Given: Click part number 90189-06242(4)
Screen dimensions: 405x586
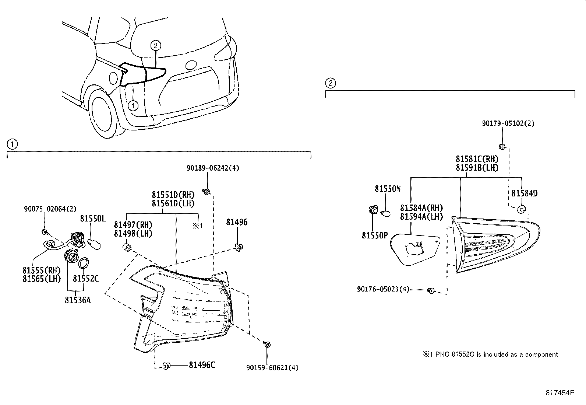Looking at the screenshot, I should pos(213,168).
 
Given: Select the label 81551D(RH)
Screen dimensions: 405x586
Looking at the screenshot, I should pos(173,195).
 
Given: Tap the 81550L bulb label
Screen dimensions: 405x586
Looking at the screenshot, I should pos(93,219).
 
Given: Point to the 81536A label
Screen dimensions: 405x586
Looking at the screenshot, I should pos(78,300).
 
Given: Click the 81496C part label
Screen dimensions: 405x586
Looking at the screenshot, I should pos(202,365).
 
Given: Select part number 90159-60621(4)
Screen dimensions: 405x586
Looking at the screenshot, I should pos(272,367).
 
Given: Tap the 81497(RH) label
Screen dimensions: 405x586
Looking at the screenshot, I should pos(133,225).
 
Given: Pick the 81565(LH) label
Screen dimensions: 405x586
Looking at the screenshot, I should pos(42,279).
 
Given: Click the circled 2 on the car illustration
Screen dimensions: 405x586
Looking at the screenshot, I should pos(156,46).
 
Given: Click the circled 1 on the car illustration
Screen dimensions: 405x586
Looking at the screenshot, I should pos(133,106).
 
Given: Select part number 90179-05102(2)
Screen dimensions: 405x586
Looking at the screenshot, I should pos(508,124).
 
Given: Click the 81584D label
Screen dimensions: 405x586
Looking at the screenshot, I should pos(524,193).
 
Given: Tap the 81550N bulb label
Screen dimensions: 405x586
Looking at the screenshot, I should pos(388,189).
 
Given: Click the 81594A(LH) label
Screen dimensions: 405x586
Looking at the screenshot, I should pos(421,217).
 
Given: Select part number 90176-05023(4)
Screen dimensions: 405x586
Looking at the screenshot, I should pos(383,290).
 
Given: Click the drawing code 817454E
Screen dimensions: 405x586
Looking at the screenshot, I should pos(559,393).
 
